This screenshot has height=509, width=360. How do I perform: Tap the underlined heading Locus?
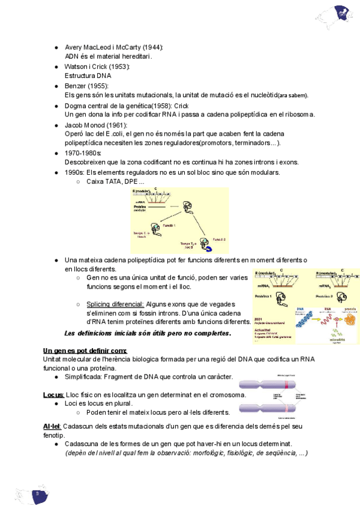[53, 394]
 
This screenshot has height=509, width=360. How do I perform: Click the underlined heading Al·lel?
[52, 426]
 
